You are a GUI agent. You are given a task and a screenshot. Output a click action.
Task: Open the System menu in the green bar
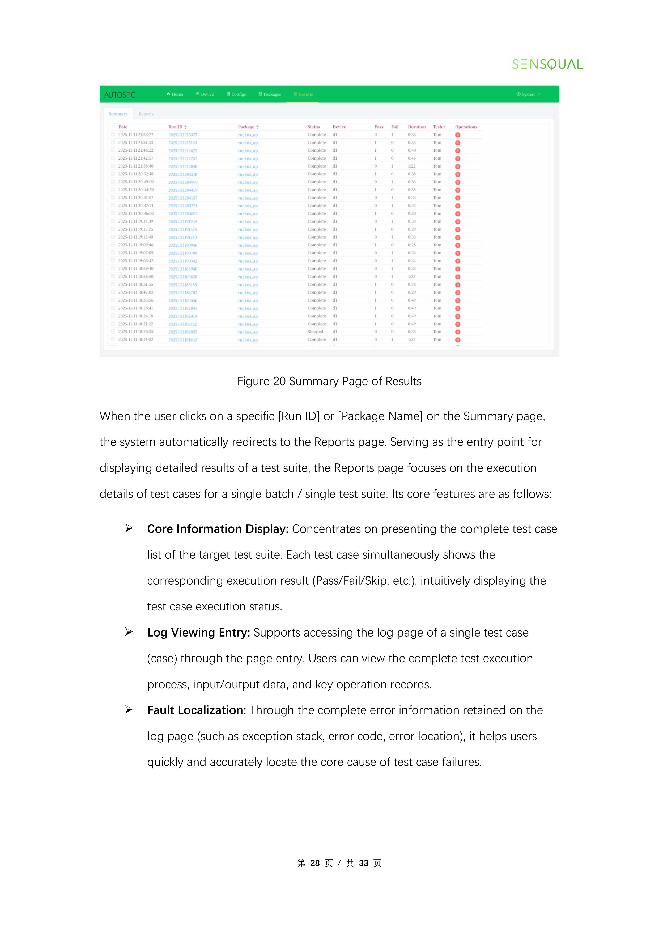(x=529, y=94)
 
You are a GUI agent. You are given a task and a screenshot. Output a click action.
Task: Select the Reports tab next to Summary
(x=146, y=114)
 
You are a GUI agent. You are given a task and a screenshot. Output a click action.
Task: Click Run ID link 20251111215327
(x=183, y=135)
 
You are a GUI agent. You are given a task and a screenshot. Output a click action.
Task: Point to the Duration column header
(x=416, y=127)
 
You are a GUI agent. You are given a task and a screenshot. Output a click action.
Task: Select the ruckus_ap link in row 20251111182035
(x=248, y=332)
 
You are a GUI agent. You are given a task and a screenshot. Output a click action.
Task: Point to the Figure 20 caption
(x=329, y=382)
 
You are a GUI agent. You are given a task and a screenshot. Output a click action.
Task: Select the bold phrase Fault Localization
(x=197, y=710)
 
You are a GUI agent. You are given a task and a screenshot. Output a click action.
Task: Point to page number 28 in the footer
(x=315, y=863)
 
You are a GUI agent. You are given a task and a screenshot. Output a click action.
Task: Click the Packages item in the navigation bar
(x=270, y=94)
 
